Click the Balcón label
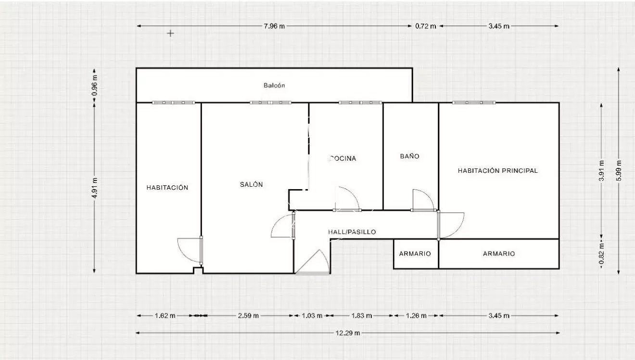pyautogui.click(x=274, y=85)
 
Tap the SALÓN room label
pyautogui.click(x=252, y=184)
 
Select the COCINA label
pyautogui.click(x=343, y=158)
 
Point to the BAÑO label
pyautogui.click(x=410, y=156)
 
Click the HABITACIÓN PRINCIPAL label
pyautogui.click(x=498, y=171)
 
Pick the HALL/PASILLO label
pyautogui.click(x=352, y=232)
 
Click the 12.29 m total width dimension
pyautogui.click(x=348, y=333)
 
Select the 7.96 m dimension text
pyautogui.click(x=274, y=26)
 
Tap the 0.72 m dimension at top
pyautogui.click(x=426, y=26)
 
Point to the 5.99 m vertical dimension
pyautogui.click(x=619, y=170)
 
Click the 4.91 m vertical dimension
pyautogui.click(x=95, y=188)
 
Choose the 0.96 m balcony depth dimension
pyautogui.click(x=95, y=85)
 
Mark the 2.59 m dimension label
pyautogui.click(x=248, y=316)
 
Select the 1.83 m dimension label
pyautogui.click(x=362, y=316)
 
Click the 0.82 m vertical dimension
pyautogui.click(x=601, y=255)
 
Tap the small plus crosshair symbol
pyautogui.click(x=170, y=34)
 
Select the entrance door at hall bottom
pyautogui.click(x=312, y=262)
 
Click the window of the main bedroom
pyautogui.click(x=474, y=103)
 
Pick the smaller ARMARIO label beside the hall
pyautogui.click(x=415, y=254)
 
